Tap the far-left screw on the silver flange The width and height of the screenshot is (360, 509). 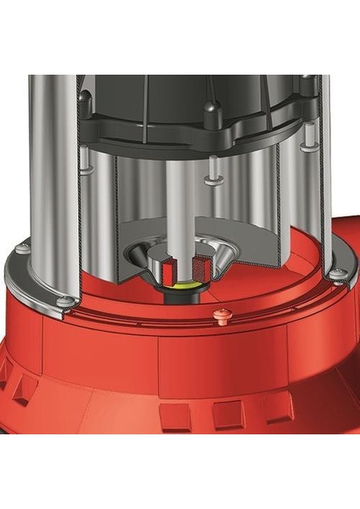coord(23,248)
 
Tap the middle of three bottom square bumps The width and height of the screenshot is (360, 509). coord(227,415)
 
